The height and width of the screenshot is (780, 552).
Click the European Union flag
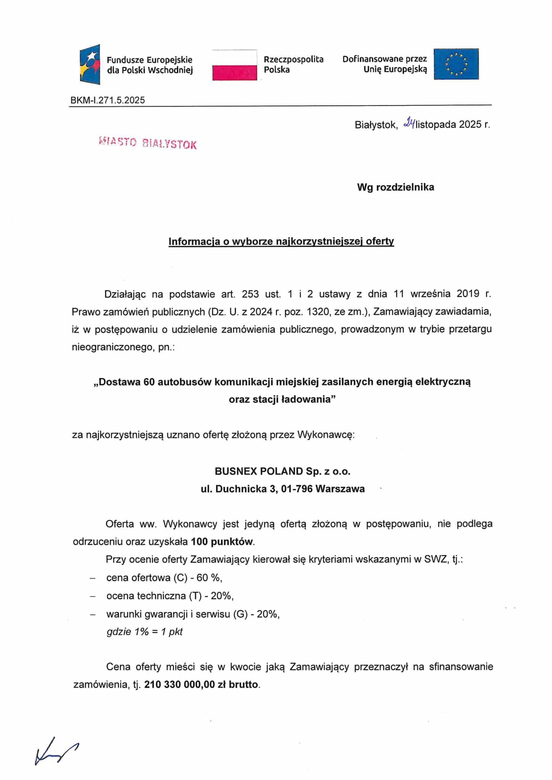click(x=456, y=64)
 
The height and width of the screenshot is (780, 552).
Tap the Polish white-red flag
click(x=234, y=65)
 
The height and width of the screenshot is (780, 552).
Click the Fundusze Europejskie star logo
click(x=90, y=64)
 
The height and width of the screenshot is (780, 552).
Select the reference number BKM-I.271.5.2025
click(x=108, y=100)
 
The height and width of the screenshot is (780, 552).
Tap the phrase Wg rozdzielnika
click(x=395, y=187)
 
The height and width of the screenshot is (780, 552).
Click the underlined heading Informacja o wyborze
click(x=281, y=241)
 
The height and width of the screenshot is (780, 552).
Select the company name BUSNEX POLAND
click(x=282, y=471)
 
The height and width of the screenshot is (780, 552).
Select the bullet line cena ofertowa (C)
click(x=164, y=578)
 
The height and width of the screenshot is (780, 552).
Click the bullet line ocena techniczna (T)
click(x=170, y=596)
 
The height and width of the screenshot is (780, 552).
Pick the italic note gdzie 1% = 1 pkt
click(x=144, y=631)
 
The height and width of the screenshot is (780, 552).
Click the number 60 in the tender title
click(x=148, y=382)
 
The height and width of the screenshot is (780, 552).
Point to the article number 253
click(x=250, y=294)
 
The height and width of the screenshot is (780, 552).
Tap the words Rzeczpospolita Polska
click(x=293, y=64)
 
